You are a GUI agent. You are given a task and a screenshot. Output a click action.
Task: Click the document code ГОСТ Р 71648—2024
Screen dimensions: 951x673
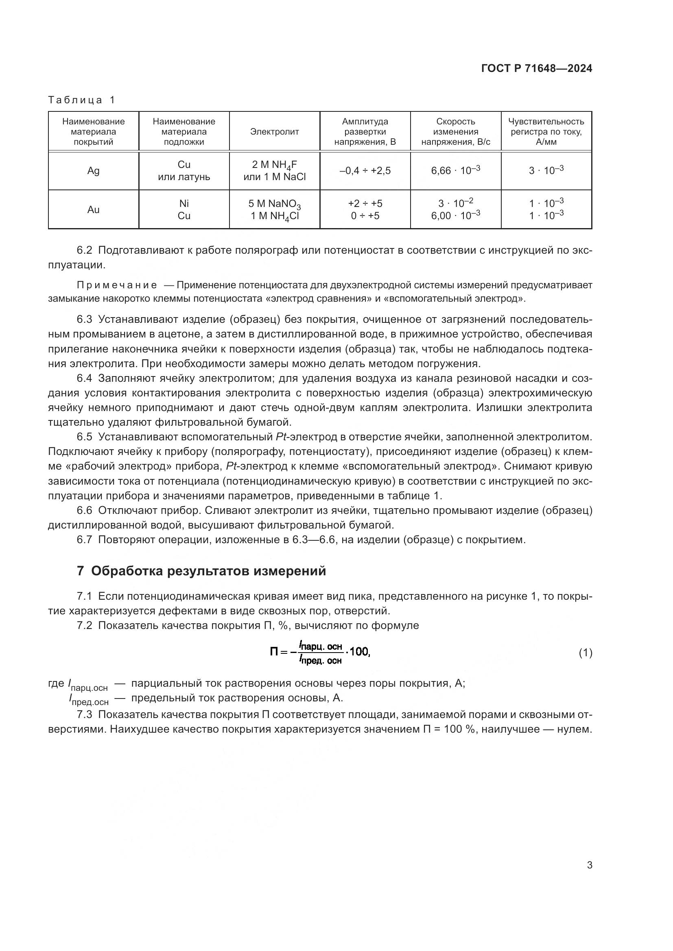[536, 69]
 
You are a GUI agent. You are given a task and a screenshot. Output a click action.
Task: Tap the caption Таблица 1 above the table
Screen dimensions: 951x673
[82, 100]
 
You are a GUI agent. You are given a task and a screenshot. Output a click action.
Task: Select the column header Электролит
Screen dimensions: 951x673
[274, 132]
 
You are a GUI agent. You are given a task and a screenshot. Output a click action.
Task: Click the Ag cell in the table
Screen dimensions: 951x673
[93, 171]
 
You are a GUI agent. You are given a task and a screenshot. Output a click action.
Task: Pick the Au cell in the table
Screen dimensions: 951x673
[93, 209]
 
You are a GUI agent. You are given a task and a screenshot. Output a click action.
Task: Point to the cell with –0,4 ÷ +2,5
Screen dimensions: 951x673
[365, 171]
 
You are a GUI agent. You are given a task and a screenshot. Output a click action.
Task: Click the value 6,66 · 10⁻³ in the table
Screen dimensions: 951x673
[455, 170]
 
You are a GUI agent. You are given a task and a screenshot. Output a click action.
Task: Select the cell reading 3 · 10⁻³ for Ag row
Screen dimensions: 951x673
[546, 170]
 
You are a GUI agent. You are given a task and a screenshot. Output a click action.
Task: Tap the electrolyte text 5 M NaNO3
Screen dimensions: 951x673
[274, 204]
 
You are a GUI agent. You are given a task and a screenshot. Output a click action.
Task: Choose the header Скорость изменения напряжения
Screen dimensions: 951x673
[455, 132]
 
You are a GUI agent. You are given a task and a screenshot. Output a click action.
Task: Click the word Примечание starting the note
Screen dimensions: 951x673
[117, 285]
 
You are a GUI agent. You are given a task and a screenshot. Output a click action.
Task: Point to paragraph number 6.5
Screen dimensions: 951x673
[85, 437]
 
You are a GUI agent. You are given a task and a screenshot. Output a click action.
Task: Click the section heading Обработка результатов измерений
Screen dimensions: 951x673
[208, 571]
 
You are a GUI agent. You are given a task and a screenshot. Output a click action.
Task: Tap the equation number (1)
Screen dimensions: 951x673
[585, 653]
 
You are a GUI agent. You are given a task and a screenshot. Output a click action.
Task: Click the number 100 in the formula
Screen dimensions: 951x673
[359, 652]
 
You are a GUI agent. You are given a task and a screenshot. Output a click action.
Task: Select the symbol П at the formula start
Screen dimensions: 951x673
[274, 652]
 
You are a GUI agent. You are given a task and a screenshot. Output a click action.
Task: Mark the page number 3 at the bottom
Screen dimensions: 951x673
[589, 865]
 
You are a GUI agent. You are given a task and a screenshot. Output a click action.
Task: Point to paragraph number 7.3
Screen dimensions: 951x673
[85, 714]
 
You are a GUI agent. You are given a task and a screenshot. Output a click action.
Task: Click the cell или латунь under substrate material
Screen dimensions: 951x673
[184, 177]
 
